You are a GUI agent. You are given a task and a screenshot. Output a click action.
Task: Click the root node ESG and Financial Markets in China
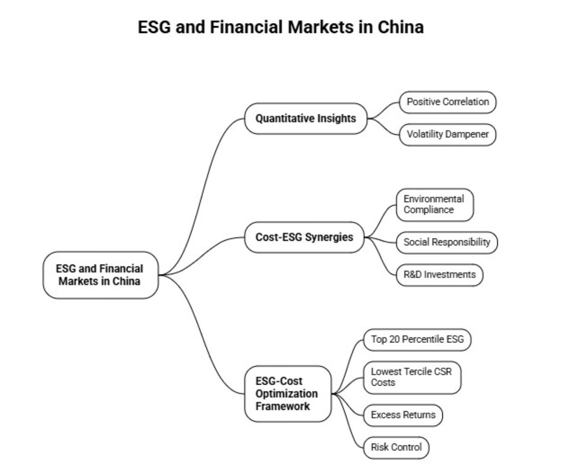[x=100, y=275]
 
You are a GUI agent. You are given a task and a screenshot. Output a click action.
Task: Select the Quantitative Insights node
[x=305, y=119]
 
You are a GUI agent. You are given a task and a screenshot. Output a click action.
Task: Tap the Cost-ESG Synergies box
[x=304, y=237]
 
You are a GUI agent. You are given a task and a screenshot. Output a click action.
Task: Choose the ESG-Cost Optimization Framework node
[x=287, y=394]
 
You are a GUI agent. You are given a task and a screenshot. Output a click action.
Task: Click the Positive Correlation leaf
[x=447, y=102]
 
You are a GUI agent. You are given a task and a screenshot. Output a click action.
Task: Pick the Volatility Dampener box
[x=447, y=134]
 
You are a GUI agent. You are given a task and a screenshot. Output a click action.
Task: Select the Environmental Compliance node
[x=434, y=205]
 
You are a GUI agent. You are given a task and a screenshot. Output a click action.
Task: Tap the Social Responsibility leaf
[x=446, y=242]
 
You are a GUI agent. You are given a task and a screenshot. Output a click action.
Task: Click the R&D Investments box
[x=439, y=274]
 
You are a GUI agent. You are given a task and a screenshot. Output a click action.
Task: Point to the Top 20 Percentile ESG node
[x=417, y=339]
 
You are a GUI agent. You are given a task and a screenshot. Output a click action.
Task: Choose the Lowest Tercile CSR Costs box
[x=411, y=377]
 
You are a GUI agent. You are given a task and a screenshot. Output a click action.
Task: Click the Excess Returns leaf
[x=402, y=415]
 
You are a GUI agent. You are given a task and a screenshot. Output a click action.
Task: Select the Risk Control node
[x=396, y=447]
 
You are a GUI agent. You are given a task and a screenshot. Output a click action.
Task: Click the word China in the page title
[x=400, y=27]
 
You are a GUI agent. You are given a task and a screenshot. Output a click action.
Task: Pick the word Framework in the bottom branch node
[x=282, y=406]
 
